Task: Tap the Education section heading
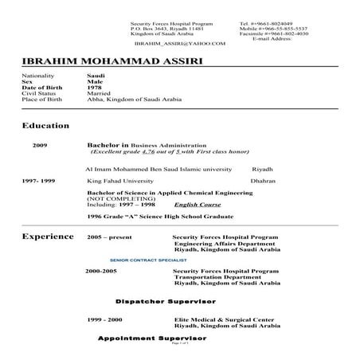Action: point(45,125)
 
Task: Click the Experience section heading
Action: point(48,237)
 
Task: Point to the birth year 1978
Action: point(93,86)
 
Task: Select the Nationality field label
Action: point(39,75)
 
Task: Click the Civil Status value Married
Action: point(99,92)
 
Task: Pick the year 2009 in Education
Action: point(40,147)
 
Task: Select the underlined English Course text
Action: point(198,205)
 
